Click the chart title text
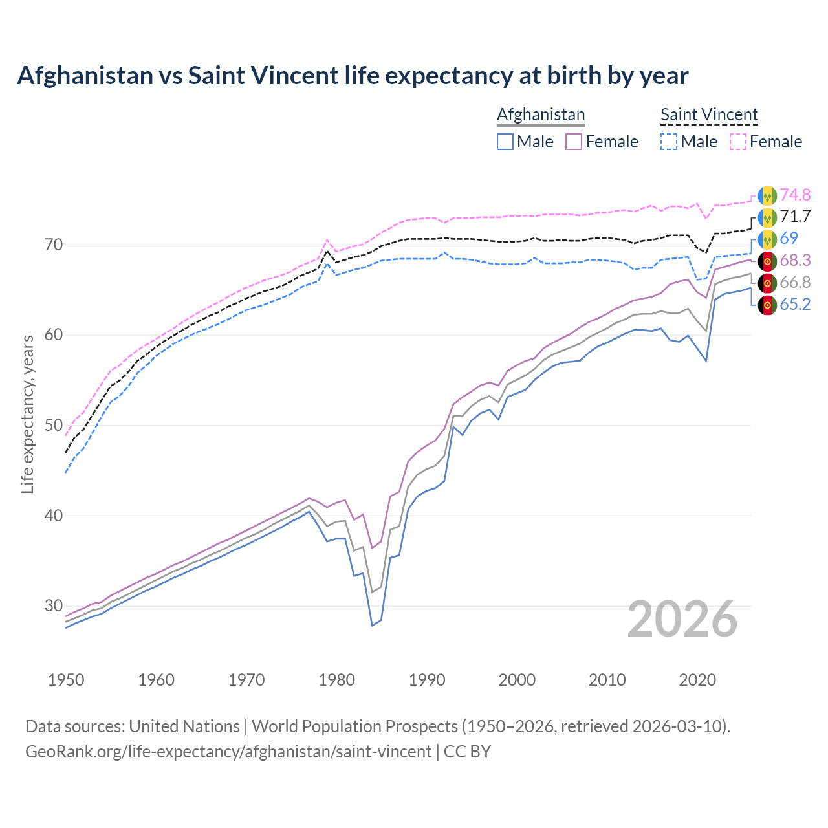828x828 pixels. click(353, 76)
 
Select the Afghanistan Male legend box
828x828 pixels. click(505, 142)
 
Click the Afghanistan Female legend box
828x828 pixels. click(574, 142)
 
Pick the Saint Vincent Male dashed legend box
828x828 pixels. click(669, 142)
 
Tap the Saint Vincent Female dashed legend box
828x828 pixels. click(738, 142)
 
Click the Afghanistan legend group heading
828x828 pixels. click(541, 114)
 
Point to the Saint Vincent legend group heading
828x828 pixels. click(709, 114)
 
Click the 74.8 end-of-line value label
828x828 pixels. click(795, 195)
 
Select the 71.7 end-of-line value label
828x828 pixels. click(795, 216)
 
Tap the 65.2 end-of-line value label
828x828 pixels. click(795, 304)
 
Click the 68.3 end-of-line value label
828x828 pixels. click(795, 260)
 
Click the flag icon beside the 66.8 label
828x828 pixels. click(767, 283)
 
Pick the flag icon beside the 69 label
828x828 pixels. click(767, 239)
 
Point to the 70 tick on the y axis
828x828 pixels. click(54, 245)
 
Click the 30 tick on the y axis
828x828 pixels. click(54, 606)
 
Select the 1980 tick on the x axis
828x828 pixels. click(337, 680)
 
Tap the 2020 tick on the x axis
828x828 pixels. click(697, 680)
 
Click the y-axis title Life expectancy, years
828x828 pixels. click(27, 414)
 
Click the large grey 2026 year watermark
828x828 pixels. click(682, 619)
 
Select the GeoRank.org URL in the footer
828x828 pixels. click(228, 752)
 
